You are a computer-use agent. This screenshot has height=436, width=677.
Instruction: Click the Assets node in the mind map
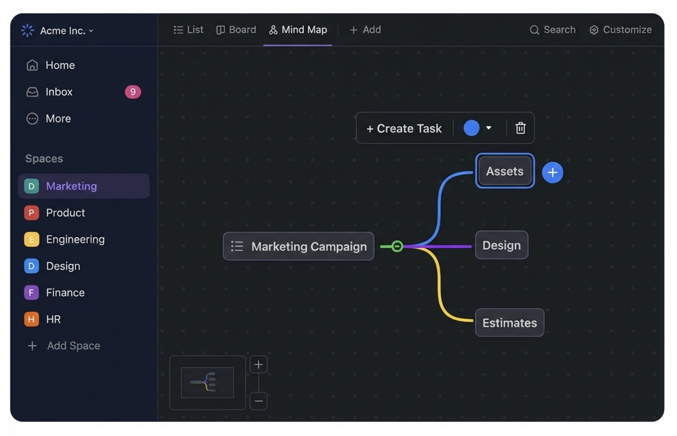[x=504, y=171]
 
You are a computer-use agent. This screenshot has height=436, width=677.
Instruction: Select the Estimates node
[x=510, y=322]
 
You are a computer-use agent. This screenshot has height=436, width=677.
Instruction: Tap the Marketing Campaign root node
[x=298, y=246]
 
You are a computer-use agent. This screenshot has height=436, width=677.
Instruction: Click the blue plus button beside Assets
[x=553, y=172]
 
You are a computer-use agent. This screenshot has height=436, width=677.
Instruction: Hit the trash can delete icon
[x=520, y=128]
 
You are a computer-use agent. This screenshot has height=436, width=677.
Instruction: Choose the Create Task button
[x=404, y=129]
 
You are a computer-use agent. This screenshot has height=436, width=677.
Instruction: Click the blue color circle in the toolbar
[x=471, y=128]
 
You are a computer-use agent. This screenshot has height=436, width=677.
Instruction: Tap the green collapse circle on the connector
[x=397, y=246]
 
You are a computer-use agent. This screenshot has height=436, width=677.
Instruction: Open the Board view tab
[x=236, y=30]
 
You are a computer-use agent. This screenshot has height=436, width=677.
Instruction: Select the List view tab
[x=188, y=30]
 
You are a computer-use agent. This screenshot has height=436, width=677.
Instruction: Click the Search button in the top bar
[x=553, y=30]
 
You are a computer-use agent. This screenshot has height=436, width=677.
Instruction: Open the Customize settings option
[x=620, y=30]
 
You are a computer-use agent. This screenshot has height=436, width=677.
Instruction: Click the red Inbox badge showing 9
[x=133, y=92]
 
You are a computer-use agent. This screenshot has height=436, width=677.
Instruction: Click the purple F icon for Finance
[x=32, y=292]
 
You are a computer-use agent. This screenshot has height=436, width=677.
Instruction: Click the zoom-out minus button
[x=258, y=401]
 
